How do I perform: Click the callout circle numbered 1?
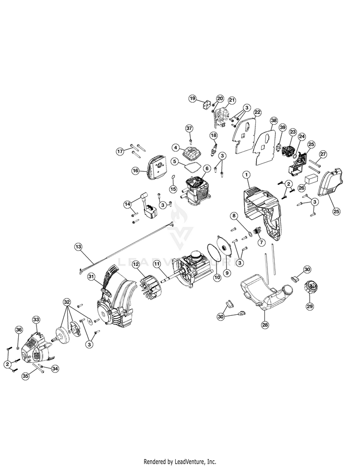click(x=246, y=175)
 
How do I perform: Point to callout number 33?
click(x=36, y=319)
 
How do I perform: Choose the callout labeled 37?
click(x=189, y=128)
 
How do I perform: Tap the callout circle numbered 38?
click(x=274, y=121)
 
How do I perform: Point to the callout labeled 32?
click(x=67, y=302)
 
